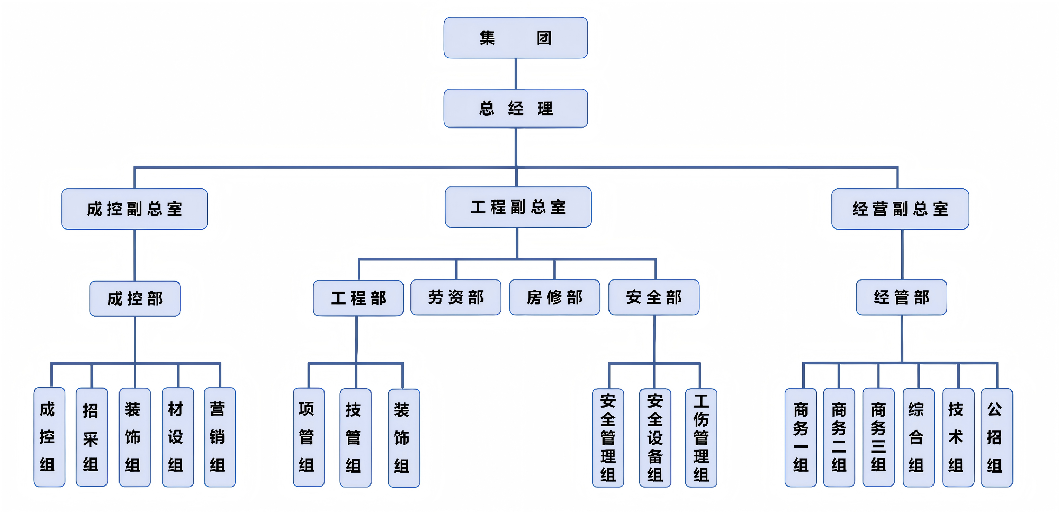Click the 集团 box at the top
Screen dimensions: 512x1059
tap(515, 38)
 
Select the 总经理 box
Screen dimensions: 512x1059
tap(515, 109)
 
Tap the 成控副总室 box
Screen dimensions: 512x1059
tap(134, 209)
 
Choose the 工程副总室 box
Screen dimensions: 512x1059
tap(518, 207)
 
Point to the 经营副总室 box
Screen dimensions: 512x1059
tap(900, 209)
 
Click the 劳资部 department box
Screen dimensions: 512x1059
tap(456, 297)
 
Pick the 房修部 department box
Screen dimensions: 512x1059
tap(554, 297)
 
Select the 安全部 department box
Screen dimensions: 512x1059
tap(654, 297)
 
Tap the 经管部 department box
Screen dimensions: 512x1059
tap(902, 297)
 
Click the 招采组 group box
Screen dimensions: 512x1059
tap(92, 437)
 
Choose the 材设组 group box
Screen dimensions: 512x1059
tap(178, 437)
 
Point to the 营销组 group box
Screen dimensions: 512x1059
tap(220, 437)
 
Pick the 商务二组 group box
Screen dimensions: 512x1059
tap(839, 437)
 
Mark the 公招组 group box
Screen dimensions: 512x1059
tap(996, 437)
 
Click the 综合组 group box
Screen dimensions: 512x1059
tap(918, 437)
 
